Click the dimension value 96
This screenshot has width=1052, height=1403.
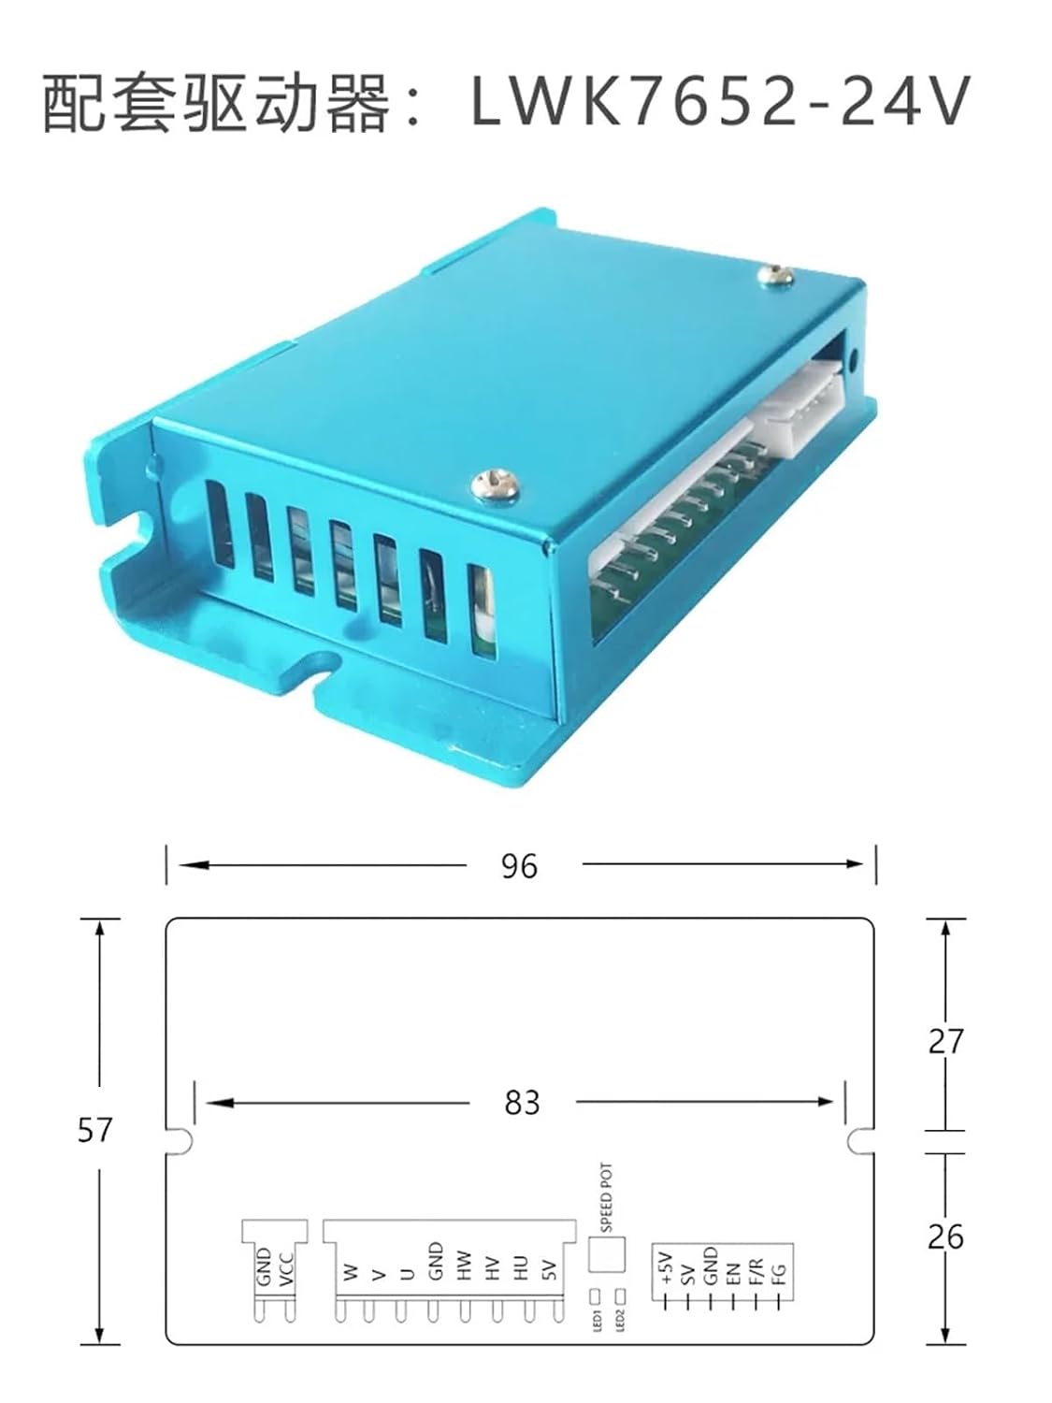[519, 867]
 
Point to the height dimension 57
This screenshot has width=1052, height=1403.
[94, 1130]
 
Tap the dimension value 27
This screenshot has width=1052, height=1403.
[945, 1042]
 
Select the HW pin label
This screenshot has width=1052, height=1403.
[465, 1266]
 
